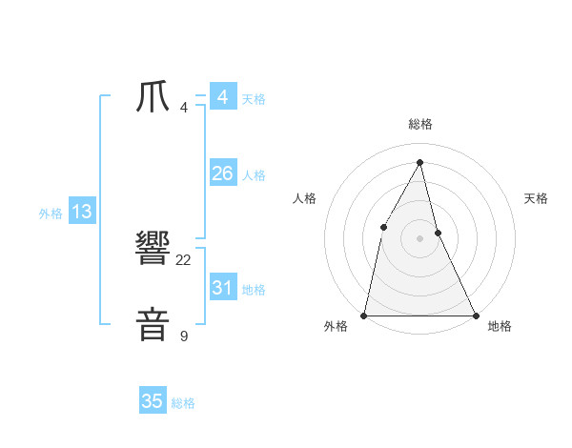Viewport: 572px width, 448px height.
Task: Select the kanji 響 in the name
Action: click(153, 250)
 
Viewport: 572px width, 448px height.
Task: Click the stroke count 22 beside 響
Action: click(184, 259)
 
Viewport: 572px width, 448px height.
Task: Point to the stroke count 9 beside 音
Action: click(184, 336)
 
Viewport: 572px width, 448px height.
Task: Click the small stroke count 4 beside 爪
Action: click(184, 107)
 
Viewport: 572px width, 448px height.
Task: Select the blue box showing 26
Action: click(222, 173)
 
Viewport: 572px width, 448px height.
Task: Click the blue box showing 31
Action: click(222, 287)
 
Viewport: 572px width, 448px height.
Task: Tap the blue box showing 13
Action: click(81, 212)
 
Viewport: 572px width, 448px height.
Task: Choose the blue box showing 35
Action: click(153, 401)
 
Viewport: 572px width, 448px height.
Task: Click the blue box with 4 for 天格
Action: click(222, 97)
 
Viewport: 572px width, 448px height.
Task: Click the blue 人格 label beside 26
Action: click(254, 175)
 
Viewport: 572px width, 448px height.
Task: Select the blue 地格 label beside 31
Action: click(254, 290)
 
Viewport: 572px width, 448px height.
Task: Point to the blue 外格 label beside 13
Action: click(51, 214)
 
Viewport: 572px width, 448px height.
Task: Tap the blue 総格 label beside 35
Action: click(183, 403)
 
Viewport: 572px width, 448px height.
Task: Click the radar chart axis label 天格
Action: click(537, 198)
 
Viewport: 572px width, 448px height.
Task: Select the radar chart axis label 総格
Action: click(420, 124)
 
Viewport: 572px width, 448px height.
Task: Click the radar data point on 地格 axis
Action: click(476, 315)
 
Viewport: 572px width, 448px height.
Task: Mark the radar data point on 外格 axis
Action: click(364, 315)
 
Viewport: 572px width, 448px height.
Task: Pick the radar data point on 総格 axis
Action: click(420, 161)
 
